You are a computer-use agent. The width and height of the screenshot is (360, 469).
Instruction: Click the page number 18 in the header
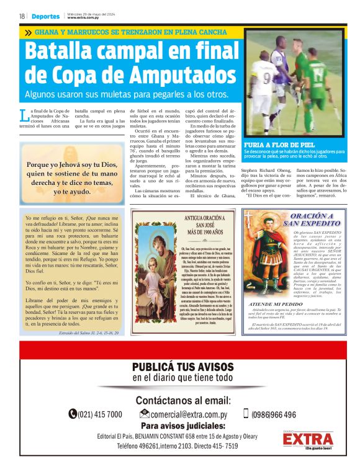22,16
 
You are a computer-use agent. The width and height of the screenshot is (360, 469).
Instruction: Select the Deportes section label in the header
47,16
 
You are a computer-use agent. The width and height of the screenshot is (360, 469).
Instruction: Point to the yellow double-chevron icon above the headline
28,32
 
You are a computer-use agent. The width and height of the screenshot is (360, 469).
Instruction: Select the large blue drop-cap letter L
24,115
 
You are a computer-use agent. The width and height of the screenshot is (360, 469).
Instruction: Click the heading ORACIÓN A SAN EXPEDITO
308,219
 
